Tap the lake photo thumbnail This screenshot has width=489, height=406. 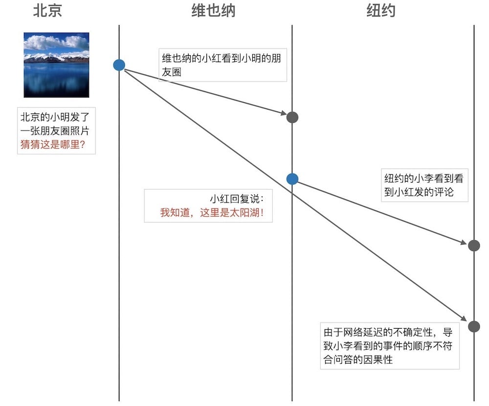56,65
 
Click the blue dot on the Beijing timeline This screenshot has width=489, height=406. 119,65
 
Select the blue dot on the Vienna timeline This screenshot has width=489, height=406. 292,179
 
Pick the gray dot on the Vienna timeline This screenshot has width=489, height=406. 292,117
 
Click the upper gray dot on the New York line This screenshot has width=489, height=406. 473,246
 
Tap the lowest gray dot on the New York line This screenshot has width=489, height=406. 473,326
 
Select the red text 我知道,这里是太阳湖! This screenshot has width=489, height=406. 215,213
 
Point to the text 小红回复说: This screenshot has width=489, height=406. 237,199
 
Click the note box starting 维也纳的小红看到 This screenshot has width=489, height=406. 223,65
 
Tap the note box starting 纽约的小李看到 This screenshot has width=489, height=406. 424,185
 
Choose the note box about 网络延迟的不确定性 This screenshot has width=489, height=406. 390,346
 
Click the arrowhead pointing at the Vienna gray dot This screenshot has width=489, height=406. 283,114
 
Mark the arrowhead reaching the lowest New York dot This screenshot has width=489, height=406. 464,319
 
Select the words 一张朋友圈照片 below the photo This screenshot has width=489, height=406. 55,131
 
